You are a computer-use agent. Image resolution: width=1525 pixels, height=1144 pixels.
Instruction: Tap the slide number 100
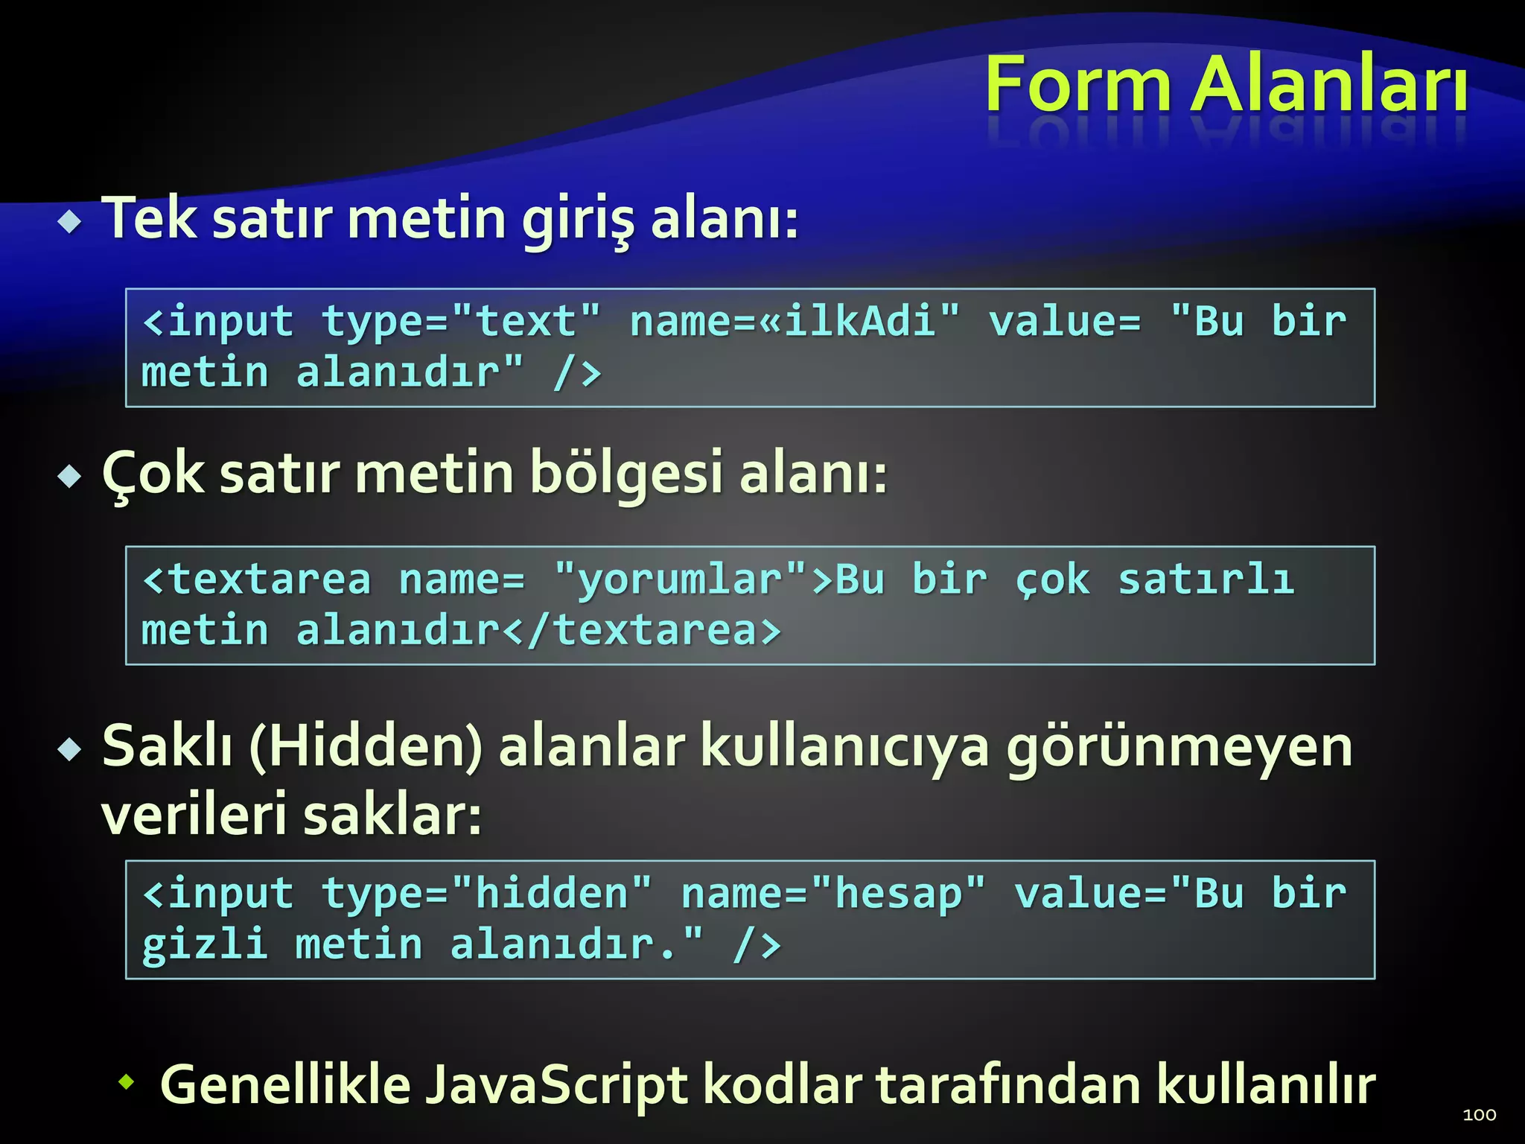pos(1479,1114)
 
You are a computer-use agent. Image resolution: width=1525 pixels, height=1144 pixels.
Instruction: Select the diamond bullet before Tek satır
pos(70,221)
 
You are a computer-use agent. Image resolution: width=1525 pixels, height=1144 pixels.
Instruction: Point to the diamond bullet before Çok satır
pos(70,476)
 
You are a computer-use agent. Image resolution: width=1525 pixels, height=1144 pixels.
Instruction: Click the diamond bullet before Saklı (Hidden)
pos(70,749)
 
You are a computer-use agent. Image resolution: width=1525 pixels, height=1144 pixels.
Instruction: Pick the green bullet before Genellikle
pos(127,1081)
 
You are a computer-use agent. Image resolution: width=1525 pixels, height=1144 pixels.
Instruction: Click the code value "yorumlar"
pos(681,579)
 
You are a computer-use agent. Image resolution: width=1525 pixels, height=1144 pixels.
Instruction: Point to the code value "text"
pos(526,321)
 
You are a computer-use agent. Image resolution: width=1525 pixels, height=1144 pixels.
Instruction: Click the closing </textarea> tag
pos(641,630)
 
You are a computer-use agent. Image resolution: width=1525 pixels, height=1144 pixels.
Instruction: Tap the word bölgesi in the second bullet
pos(626,474)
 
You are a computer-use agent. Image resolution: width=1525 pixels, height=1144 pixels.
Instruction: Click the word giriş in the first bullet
pos(577,220)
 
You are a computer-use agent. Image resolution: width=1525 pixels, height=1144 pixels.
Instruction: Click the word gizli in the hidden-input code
pos(205,944)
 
